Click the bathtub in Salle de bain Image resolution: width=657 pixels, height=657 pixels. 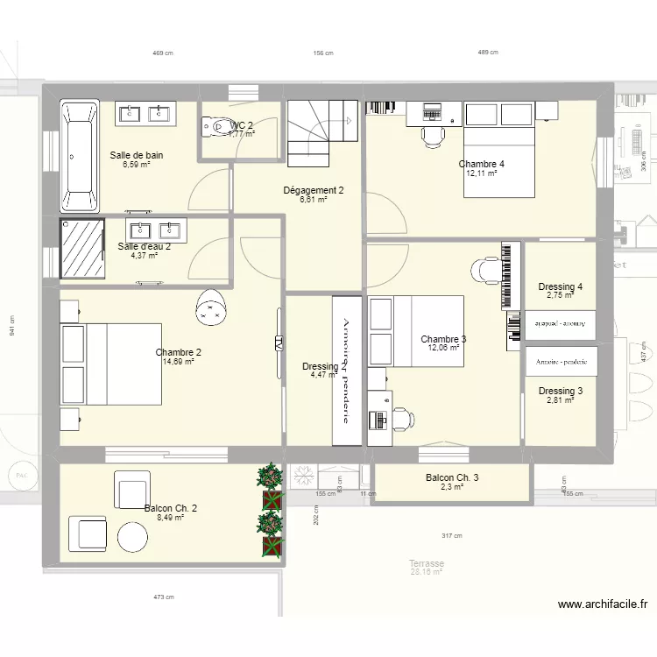coord(79,156)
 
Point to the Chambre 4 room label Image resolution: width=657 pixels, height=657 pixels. coord(481,164)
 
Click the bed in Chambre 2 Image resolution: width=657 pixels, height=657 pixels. coord(110,364)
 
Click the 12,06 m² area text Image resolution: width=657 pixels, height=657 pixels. coord(443,348)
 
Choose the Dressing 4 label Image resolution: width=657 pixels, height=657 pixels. coord(560,286)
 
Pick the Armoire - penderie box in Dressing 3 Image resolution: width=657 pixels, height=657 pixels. coord(561,360)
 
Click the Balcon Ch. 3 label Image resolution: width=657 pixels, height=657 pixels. coord(452,477)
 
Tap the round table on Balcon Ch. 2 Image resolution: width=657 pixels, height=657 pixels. coord(133,535)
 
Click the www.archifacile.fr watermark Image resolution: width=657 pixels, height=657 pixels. coord(603,604)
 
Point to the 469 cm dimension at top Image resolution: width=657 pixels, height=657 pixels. coord(163,53)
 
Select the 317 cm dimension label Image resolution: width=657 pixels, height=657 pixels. coord(453,536)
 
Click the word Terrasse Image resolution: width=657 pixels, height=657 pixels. coord(427,563)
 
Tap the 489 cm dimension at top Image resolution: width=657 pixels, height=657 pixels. coord(487,53)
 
